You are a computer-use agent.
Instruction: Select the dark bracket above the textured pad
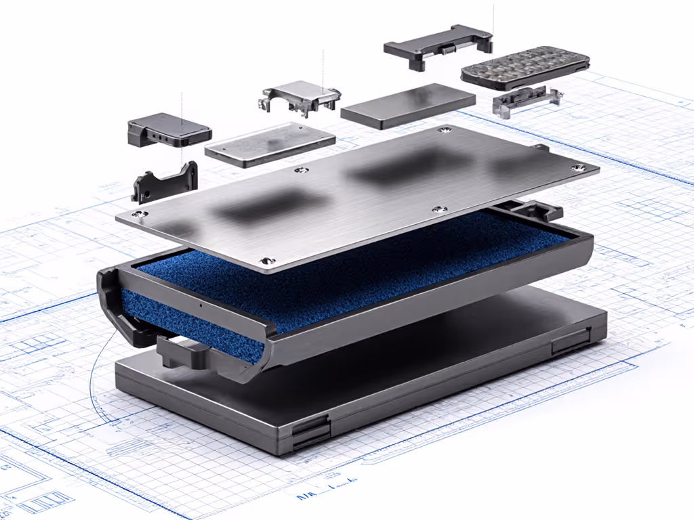[438, 46]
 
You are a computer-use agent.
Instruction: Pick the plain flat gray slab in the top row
[407, 106]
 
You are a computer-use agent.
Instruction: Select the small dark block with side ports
[169, 131]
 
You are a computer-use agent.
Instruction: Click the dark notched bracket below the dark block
[165, 181]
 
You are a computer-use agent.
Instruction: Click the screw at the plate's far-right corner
[577, 167]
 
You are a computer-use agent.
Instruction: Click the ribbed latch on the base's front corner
[310, 433]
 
